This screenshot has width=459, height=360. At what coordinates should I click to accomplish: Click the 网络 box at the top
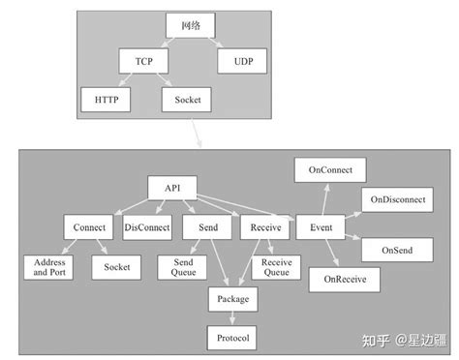pos(189,27)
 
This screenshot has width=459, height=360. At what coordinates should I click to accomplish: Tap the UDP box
pos(235,63)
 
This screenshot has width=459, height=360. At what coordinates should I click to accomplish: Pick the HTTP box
pos(100,99)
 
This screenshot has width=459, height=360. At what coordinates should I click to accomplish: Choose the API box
pos(171,188)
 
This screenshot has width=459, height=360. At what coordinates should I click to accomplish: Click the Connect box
pos(90,227)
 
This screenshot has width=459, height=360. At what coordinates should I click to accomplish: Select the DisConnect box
pos(147,227)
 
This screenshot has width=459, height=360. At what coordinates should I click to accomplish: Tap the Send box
pos(207,227)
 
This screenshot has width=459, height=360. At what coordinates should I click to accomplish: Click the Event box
pos(321,227)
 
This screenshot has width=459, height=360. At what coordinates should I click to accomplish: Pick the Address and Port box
pos(49,267)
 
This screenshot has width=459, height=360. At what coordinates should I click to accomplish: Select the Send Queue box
pos(182,267)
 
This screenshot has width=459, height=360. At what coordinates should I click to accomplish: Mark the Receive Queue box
pos(276,267)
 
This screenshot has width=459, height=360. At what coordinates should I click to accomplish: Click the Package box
pos(232,300)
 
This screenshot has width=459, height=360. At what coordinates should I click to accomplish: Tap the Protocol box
pos(232,337)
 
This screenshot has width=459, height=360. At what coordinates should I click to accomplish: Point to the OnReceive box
pos(344,280)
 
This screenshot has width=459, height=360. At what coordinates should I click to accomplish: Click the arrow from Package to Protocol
pos(232,318)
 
